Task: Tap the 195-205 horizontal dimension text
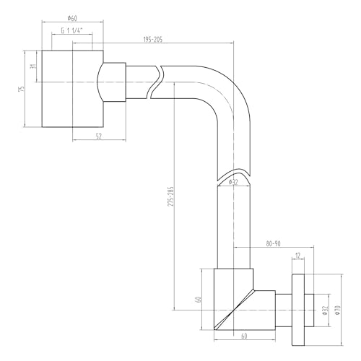point(152,39)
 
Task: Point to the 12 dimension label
point(298,255)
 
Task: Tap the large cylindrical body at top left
point(71,89)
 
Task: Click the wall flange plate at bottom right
point(297,304)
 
